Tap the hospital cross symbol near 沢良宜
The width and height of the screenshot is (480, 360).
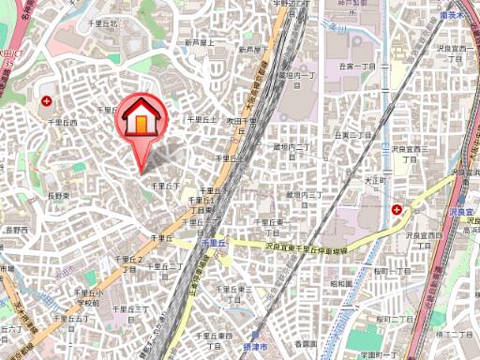[x=398, y=209]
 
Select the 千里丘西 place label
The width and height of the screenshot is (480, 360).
[x=63, y=123]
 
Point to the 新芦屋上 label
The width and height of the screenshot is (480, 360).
[x=200, y=42]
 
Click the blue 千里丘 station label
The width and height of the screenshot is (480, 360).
[x=213, y=243]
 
